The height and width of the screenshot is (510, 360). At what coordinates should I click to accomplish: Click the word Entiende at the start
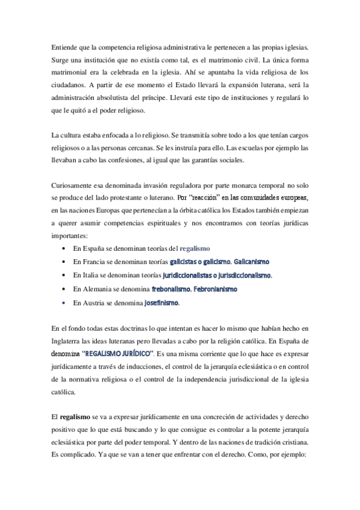[x=65, y=46]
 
